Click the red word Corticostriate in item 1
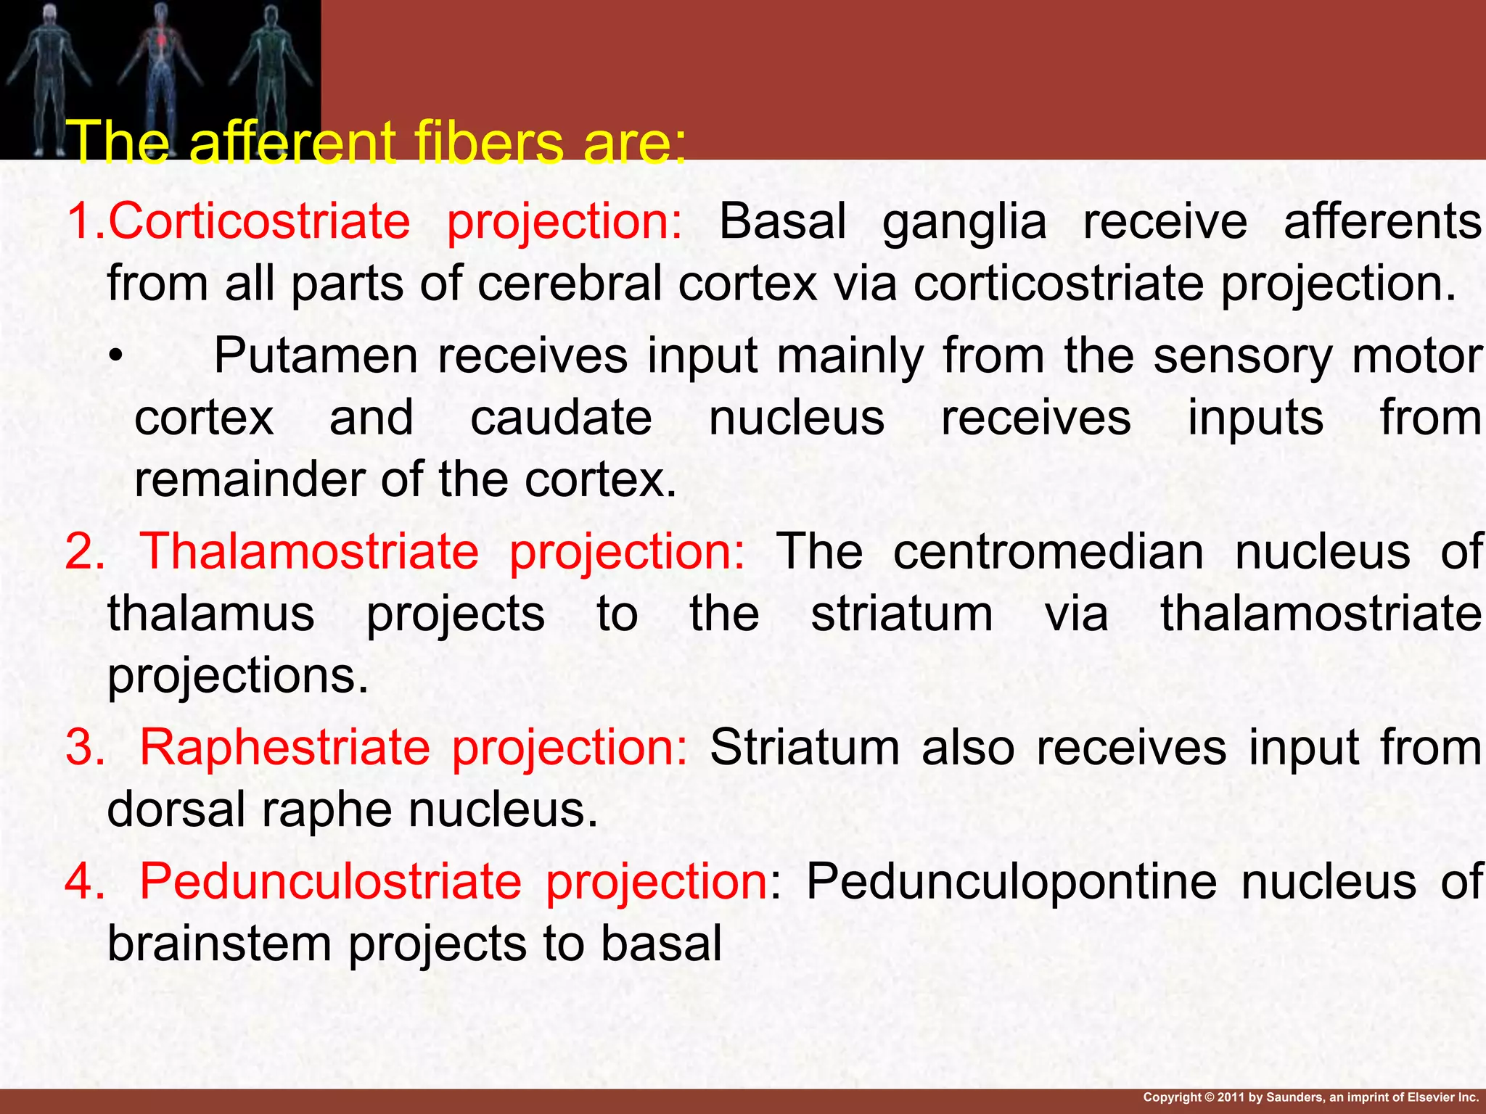point(259,220)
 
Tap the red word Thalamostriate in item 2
point(308,551)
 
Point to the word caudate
point(561,418)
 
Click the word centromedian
point(1048,551)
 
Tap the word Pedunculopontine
point(1011,881)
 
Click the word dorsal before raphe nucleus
point(176,809)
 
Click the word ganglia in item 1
point(964,220)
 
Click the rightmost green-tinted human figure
point(270,73)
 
